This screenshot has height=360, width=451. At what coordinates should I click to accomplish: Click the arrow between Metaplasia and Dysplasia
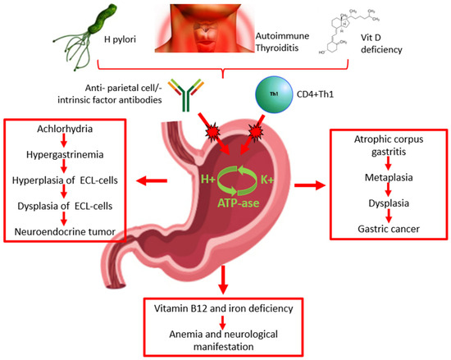point(379,186)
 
